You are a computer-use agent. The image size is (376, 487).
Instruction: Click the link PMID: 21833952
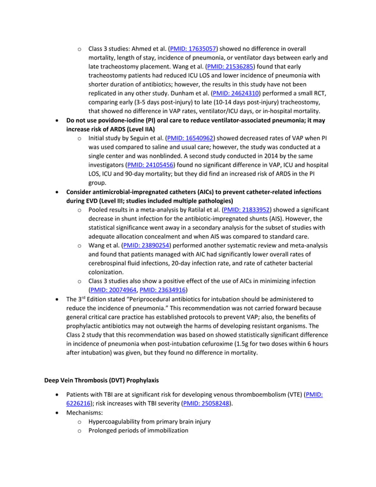[x=246, y=209]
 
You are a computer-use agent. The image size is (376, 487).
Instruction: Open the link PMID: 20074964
[x=113, y=289]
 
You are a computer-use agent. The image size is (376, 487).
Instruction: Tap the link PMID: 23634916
[x=163, y=289]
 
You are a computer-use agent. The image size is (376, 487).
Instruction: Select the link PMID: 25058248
[x=206, y=403]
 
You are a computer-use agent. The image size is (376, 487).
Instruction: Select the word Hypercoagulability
[x=118, y=422]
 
